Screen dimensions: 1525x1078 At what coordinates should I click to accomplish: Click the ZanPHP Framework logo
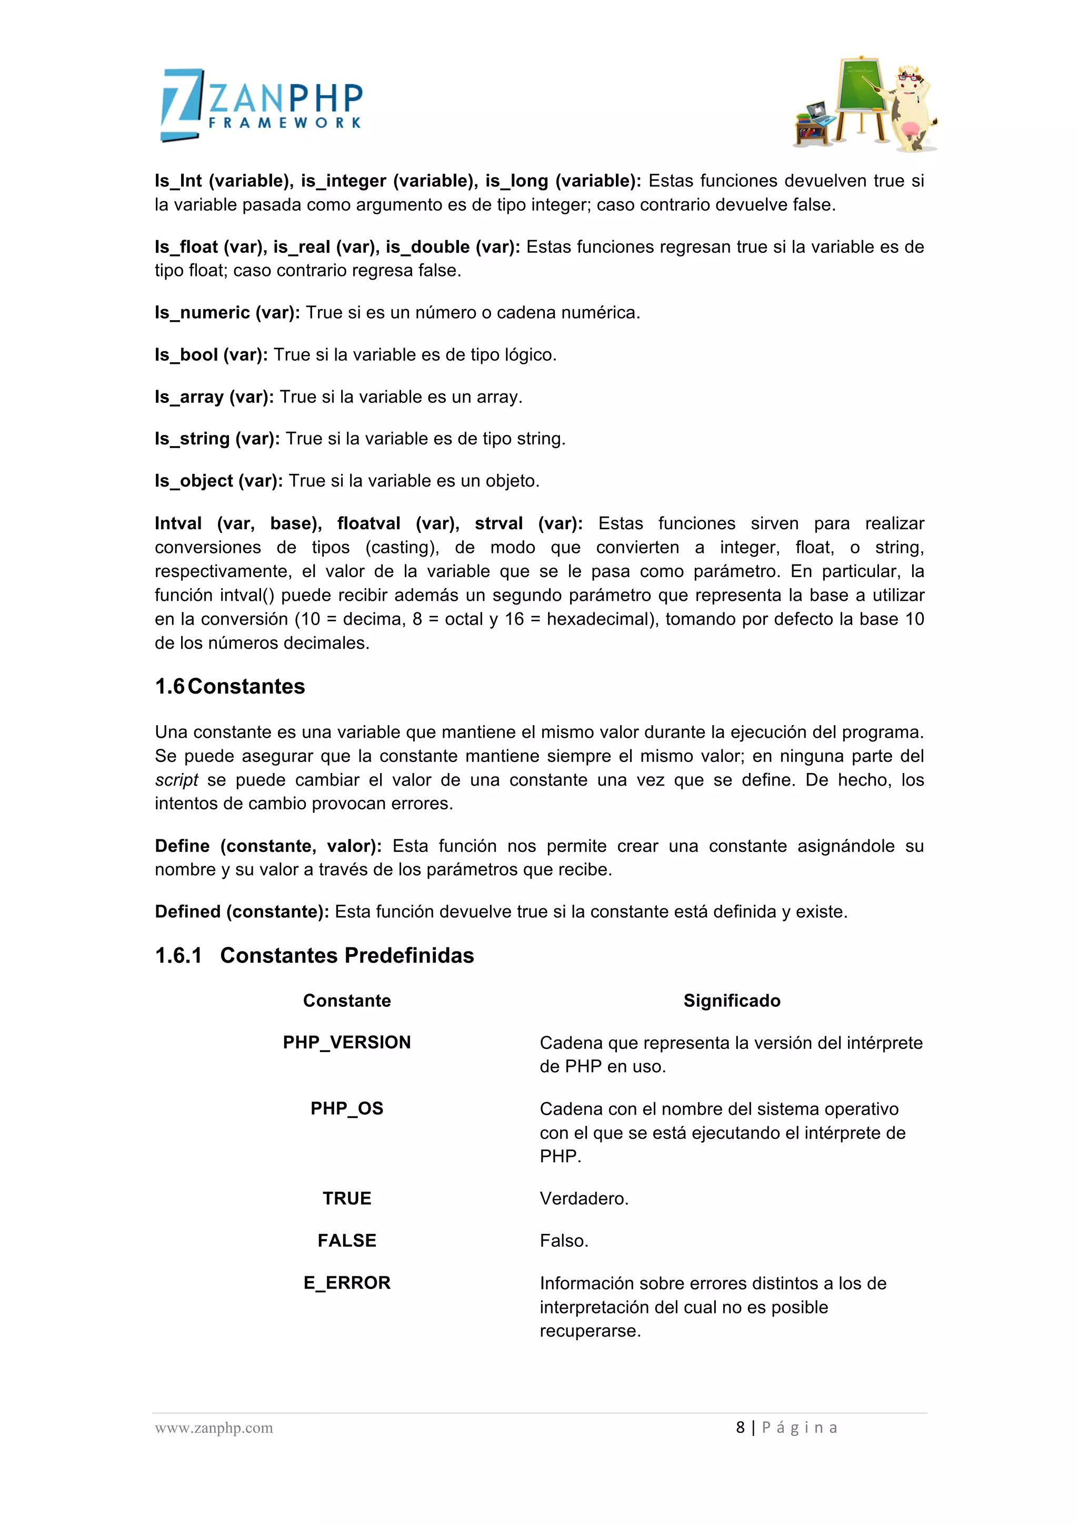pos(262,105)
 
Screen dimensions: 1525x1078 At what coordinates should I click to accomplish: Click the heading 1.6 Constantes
pos(229,686)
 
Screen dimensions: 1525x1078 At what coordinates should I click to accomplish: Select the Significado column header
pos(732,1001)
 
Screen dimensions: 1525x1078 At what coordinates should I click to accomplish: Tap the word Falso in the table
pos(564,1240)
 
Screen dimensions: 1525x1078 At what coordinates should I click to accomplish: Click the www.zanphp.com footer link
pos(214,1428)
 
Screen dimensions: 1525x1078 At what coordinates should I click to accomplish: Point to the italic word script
pos(176,780)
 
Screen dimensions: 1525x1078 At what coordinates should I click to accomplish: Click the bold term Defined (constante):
pos(242,912)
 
